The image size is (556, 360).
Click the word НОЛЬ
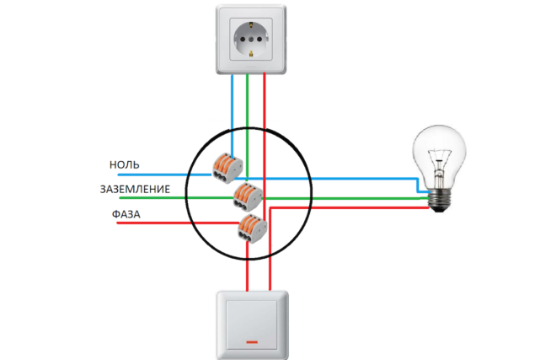[124, 164]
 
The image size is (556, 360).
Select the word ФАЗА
[126, 216]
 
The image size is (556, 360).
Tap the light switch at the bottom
[253, 324]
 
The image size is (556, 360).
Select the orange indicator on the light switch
[253, 341]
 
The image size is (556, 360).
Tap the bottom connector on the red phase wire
[250, 226]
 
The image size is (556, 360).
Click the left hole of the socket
[239, 39]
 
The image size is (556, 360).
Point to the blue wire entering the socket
[232, 101]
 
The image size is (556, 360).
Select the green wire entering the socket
[247, 101]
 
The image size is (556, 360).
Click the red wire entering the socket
[265, 101]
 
